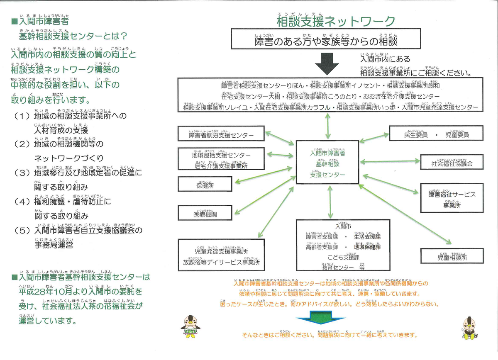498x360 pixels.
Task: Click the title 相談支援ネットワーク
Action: (336, 21)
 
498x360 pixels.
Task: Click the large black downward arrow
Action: (327, 63)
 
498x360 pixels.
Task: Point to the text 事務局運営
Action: (54, 245)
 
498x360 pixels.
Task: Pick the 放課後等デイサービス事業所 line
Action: (221, 262)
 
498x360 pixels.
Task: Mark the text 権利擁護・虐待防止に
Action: (73, 202)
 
